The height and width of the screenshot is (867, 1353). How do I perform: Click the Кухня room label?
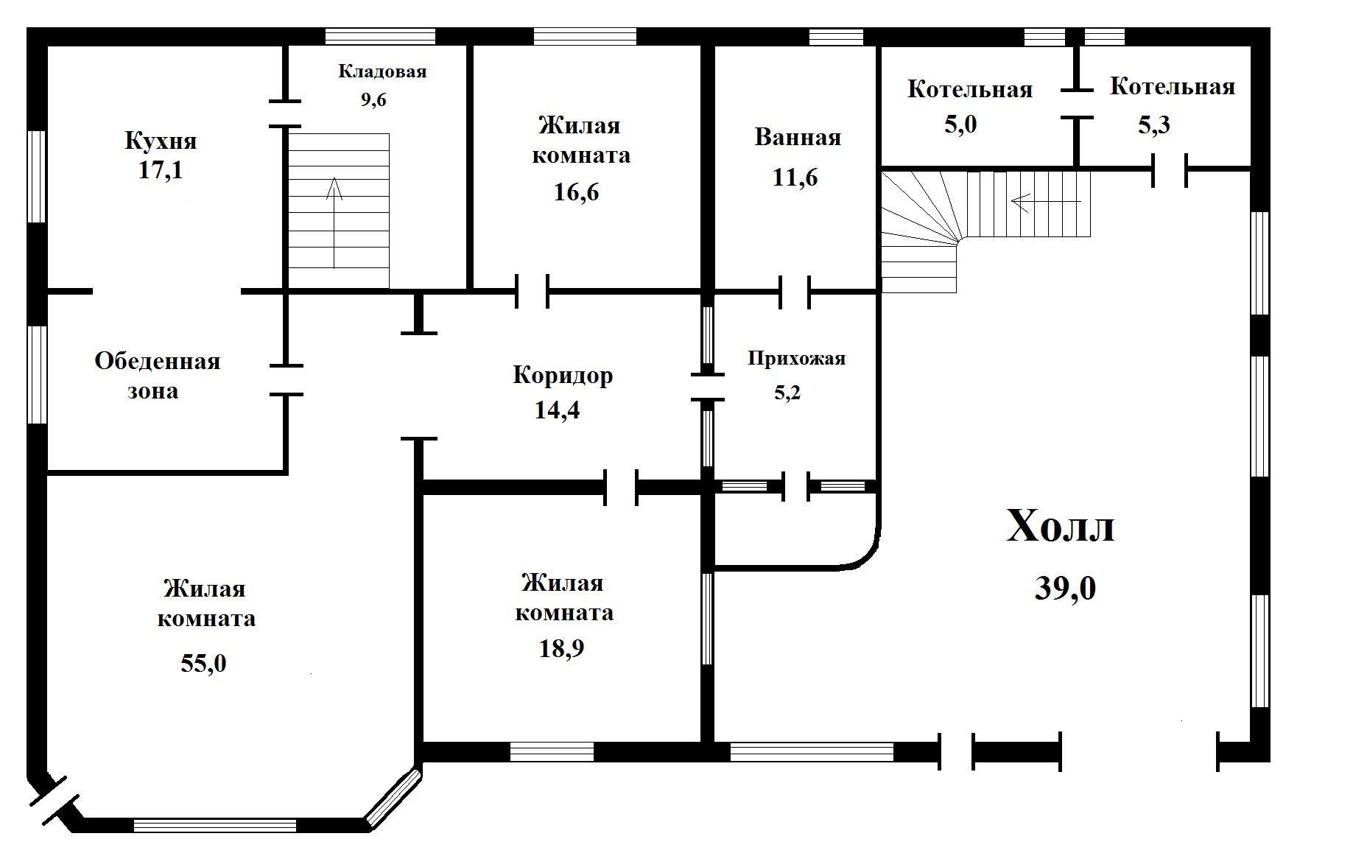pos(161,140)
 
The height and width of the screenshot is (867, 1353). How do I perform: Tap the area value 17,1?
pos(161,171)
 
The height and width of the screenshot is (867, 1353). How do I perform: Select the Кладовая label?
pos(382,71)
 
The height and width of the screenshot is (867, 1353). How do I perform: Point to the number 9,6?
pos(373,99)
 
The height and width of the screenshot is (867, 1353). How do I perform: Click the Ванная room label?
pos(798,137)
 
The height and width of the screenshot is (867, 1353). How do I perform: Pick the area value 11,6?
pos(795,178)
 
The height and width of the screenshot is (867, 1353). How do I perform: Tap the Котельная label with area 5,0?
pos(970,89)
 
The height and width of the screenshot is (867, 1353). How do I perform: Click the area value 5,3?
pos(1154,124)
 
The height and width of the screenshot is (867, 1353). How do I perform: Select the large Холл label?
pos(1061,526)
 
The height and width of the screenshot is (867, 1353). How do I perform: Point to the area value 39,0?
pos(1066,588)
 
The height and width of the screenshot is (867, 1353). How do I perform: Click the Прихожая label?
pos(797,359)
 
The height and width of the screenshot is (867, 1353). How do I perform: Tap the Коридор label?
pos(563,375)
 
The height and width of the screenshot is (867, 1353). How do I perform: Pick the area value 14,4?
pos(557,410)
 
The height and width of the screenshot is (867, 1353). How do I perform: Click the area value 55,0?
pos(203,663)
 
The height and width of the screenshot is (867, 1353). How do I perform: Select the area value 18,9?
pos(563,648)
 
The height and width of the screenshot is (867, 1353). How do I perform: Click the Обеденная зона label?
pos(157,376)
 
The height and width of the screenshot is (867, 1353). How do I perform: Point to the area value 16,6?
pos(576,192)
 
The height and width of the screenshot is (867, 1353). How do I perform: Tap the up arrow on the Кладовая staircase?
pos(334,222)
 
